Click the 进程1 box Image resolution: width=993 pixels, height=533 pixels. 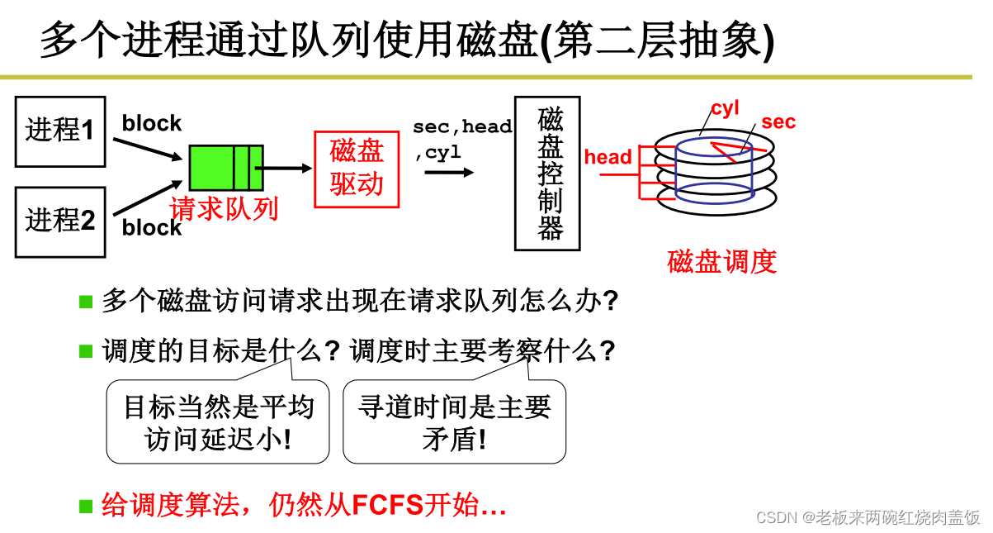[x=61, y=131]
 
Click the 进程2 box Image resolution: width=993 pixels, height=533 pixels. [x=61, y=221]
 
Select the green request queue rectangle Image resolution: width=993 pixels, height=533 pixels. [x=225, y=168]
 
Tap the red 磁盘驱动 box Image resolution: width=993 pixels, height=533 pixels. [x=357, y=169]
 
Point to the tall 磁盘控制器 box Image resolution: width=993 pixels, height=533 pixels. [x=547, y=174]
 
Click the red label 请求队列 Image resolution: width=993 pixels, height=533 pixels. [x=224, y=208]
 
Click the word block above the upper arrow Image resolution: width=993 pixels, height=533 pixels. [x=152, y=124]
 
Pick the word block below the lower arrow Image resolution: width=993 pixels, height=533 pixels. [x=152, y=228]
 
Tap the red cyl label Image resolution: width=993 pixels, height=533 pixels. [x=725, y=108]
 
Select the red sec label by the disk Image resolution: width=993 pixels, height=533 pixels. [x=778, y=122]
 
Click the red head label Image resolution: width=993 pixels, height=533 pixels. [x=608, y=157]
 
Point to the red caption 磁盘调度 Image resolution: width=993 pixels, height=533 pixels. [x=721, y=262]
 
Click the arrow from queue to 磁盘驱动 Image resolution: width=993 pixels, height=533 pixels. [x=285, y=169]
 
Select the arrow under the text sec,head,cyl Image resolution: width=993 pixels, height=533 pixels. [x=449, y=173]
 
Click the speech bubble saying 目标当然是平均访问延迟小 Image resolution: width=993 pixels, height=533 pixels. [x=218, y=421]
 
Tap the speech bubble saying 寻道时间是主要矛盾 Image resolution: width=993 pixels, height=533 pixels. [x=454, y=421]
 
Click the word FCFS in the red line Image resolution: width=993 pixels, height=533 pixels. [x=387, y=505]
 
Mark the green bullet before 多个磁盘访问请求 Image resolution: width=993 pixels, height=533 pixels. [x=86, y=301]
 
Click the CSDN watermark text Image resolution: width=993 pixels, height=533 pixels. [x=868, y=517]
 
